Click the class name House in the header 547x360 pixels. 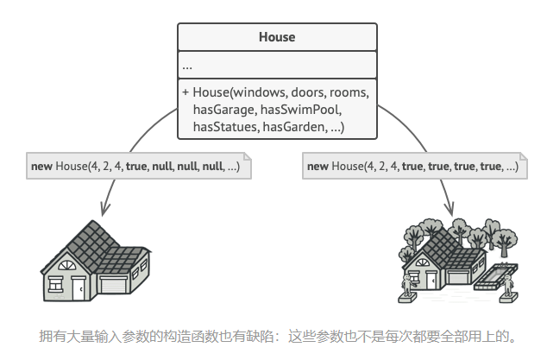point(277,37)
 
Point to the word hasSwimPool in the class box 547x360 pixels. point(307,110)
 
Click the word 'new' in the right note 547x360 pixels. point(318,166)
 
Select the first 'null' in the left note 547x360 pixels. point(163,166)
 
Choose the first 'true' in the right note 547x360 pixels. point(412,166)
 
